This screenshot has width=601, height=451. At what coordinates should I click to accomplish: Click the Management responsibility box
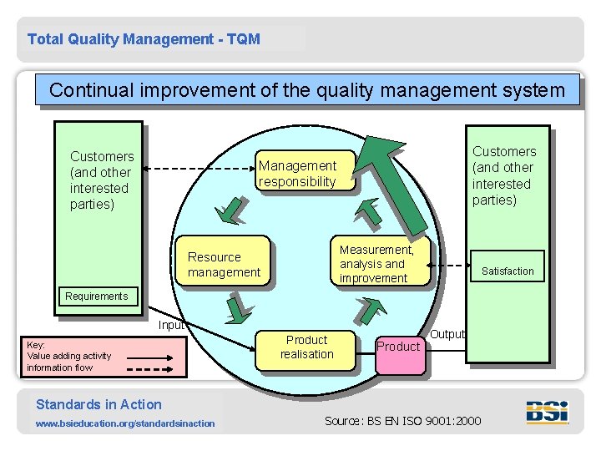click(x=305, y=174)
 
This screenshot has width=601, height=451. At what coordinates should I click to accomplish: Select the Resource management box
click(x=224, y=264)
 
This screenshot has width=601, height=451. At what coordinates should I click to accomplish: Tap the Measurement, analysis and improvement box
click(x=382, y=263)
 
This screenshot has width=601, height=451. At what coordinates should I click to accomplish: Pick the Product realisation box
click(x=306, y=347)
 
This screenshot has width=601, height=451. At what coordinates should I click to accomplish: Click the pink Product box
click(x=399, y=347)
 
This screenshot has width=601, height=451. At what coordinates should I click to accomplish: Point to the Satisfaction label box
click(x=508, y=271)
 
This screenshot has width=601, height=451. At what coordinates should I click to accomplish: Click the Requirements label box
click(x=97, y=296)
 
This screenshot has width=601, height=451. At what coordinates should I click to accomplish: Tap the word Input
click(x=171, y=325)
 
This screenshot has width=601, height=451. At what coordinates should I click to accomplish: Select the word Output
click(x=447, y=334)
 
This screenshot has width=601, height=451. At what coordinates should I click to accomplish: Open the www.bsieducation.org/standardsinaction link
click(x=125, y=423)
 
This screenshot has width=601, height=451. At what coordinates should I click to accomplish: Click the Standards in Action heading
click(x=98, y=404)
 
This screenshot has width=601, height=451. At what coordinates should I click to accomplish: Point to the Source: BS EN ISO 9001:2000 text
click(x=402, y=420)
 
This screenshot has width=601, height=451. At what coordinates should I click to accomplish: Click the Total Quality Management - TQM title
click(x=144, y=39)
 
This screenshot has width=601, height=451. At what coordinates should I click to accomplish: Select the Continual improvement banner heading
click(x=307, y=90)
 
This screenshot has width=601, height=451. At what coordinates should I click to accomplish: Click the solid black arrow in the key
click(x=144, y=356)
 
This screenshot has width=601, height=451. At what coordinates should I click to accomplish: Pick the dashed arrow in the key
click(x=149, y=367)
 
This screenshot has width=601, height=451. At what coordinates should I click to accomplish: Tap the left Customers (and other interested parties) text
click(x=102, y=180)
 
